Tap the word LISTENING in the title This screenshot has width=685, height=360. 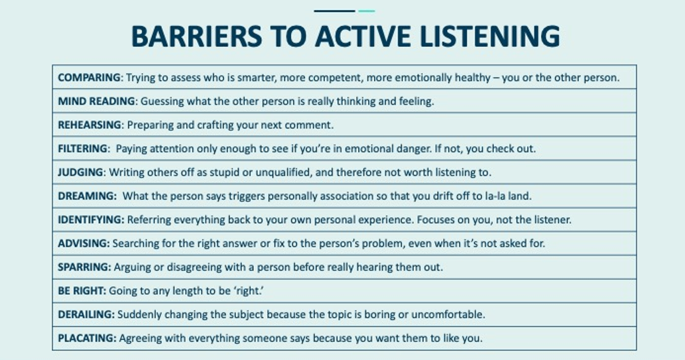(490, 36)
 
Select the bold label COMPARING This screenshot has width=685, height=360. (89, 78)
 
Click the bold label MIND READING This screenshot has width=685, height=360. (97, 101)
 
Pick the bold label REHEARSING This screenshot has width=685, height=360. (90, 125)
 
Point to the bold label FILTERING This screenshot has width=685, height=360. (83, 149)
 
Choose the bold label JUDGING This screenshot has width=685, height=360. (80, 172)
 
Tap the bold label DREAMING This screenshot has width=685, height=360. (86, 196)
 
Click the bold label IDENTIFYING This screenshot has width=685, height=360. (91, 219)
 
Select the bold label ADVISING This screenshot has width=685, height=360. (84, 243)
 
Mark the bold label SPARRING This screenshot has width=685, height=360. (84, 267)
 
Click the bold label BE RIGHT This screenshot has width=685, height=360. (82, 290)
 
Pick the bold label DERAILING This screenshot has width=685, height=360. (86, 314)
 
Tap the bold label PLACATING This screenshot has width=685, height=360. (87, 337)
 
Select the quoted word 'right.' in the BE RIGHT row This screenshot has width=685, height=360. (249, 290)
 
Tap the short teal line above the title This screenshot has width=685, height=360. (367, 11)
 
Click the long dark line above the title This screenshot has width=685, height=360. (334, 11)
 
